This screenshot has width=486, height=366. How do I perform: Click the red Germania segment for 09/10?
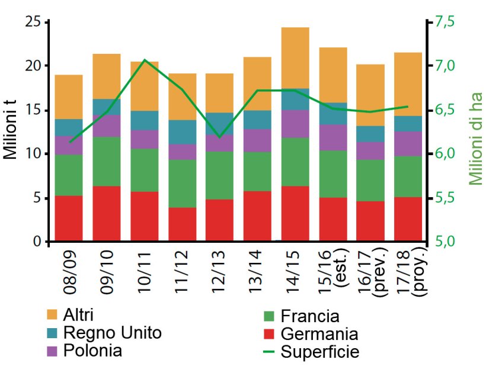(x=106, y=214)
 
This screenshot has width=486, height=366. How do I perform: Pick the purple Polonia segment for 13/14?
(x=257, y=140)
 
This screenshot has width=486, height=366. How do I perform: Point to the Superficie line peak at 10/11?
(x=145, y=60)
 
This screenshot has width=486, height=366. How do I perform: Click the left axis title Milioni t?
(x=12, y=131)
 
